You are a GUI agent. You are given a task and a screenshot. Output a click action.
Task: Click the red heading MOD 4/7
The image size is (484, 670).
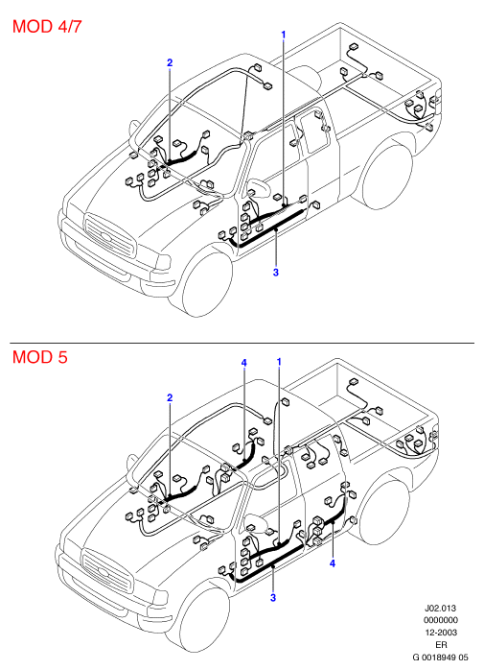click(47, 27)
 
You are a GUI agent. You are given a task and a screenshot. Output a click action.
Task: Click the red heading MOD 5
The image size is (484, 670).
click(40, 357)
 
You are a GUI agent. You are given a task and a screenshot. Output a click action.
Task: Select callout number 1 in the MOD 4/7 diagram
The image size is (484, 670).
click(283, 35)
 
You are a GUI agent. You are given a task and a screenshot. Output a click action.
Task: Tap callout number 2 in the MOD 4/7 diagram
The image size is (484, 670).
click(170, 62)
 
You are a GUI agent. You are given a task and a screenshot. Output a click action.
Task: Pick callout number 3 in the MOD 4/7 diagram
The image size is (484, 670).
click(276, 272)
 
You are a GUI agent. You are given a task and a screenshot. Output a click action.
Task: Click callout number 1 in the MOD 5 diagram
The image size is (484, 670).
click(279, 362)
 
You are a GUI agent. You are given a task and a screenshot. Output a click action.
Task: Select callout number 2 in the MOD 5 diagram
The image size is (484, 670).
click(170, 397)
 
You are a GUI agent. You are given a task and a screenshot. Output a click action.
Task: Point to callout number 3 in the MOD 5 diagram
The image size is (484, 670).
click(273, 597)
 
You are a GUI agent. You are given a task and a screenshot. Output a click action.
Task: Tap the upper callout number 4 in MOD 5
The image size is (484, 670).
click(243, 363)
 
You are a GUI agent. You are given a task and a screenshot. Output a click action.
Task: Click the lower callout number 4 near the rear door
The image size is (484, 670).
click(332, 563)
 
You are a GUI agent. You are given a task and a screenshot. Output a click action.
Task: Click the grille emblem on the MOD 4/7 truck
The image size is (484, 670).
click(105, 236)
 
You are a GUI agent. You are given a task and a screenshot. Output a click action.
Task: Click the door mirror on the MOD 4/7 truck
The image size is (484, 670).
click(259, 187)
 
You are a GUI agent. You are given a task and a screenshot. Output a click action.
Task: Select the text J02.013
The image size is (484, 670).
click(440, 608)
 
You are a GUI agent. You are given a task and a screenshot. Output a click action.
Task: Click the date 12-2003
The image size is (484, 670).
click(441, 632)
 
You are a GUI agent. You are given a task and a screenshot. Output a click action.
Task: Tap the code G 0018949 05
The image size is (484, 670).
click(440, 657)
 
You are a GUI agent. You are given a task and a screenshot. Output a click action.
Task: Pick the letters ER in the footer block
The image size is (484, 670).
click(441, 644)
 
